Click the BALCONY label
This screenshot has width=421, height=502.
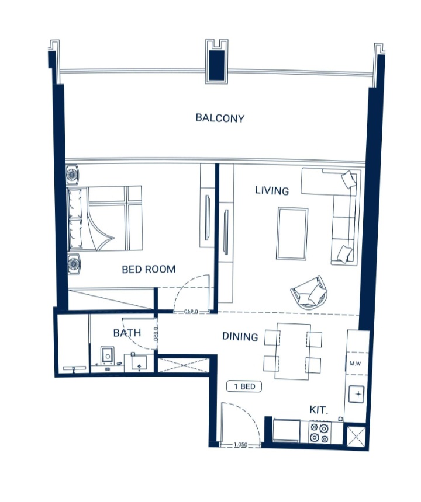[220, 118]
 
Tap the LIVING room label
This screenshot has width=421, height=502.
[272, 191]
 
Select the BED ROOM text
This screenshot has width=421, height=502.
[149, 269]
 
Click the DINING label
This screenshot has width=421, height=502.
[240, 337]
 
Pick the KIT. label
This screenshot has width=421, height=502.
[319, 411]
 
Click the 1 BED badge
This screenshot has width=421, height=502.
[244, 386]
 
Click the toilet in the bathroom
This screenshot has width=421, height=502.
[108, 357]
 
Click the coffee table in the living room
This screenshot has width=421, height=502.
[292, 233]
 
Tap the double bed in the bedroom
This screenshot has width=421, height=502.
[106, 218]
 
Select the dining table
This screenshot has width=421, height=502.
[293, 351]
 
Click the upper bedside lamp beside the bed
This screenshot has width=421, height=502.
[74, 175]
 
